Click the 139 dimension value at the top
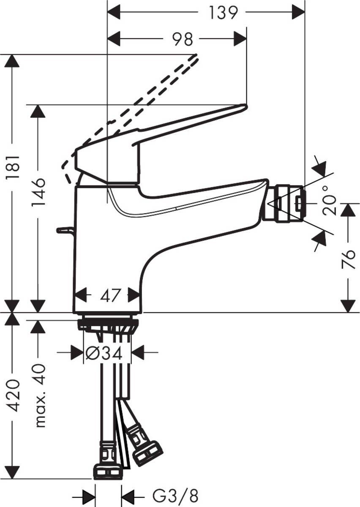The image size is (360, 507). (x=223, y=13)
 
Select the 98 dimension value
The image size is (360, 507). (x=182, y=39)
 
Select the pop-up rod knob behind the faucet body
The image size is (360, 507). (x=64, y=230)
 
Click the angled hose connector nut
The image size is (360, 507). (x=147, y=452)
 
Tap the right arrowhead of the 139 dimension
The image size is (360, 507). (x=298, y=13)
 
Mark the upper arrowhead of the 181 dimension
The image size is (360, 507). (x=12, y=61)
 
